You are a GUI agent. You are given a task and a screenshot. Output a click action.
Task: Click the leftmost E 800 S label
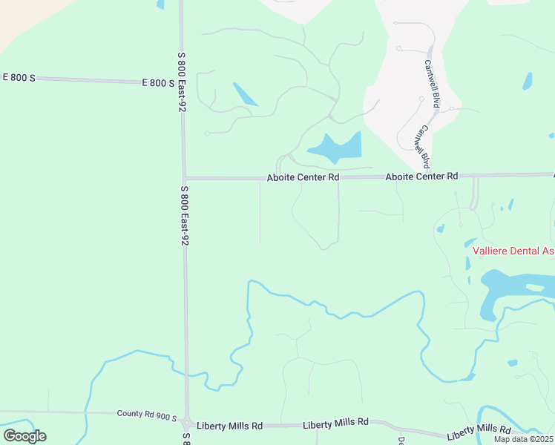(19, 77)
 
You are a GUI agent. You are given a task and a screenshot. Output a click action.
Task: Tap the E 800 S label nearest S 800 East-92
(158, 83)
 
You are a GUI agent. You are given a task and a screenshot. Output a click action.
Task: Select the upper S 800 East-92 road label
(180, 82)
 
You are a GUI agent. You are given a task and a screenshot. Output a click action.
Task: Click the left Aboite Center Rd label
(303, 178)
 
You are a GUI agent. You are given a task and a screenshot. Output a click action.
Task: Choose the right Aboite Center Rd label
(421, 177)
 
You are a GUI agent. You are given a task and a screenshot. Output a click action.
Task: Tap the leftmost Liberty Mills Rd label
(229, 426)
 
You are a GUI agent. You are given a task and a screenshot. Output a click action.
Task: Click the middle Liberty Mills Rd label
(335, 423)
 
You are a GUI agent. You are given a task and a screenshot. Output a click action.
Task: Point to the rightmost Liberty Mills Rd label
(479, 429)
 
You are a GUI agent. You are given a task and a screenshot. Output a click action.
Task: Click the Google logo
(24, 436)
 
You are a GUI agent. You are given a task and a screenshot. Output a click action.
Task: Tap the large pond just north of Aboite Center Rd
(338, 148)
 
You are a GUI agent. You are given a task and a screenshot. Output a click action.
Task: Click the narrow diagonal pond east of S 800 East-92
(245, 94)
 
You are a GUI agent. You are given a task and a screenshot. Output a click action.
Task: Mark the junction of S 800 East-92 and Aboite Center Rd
(184, 178)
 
